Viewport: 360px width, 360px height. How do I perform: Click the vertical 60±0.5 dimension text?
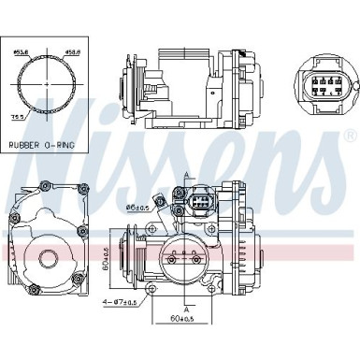107,266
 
